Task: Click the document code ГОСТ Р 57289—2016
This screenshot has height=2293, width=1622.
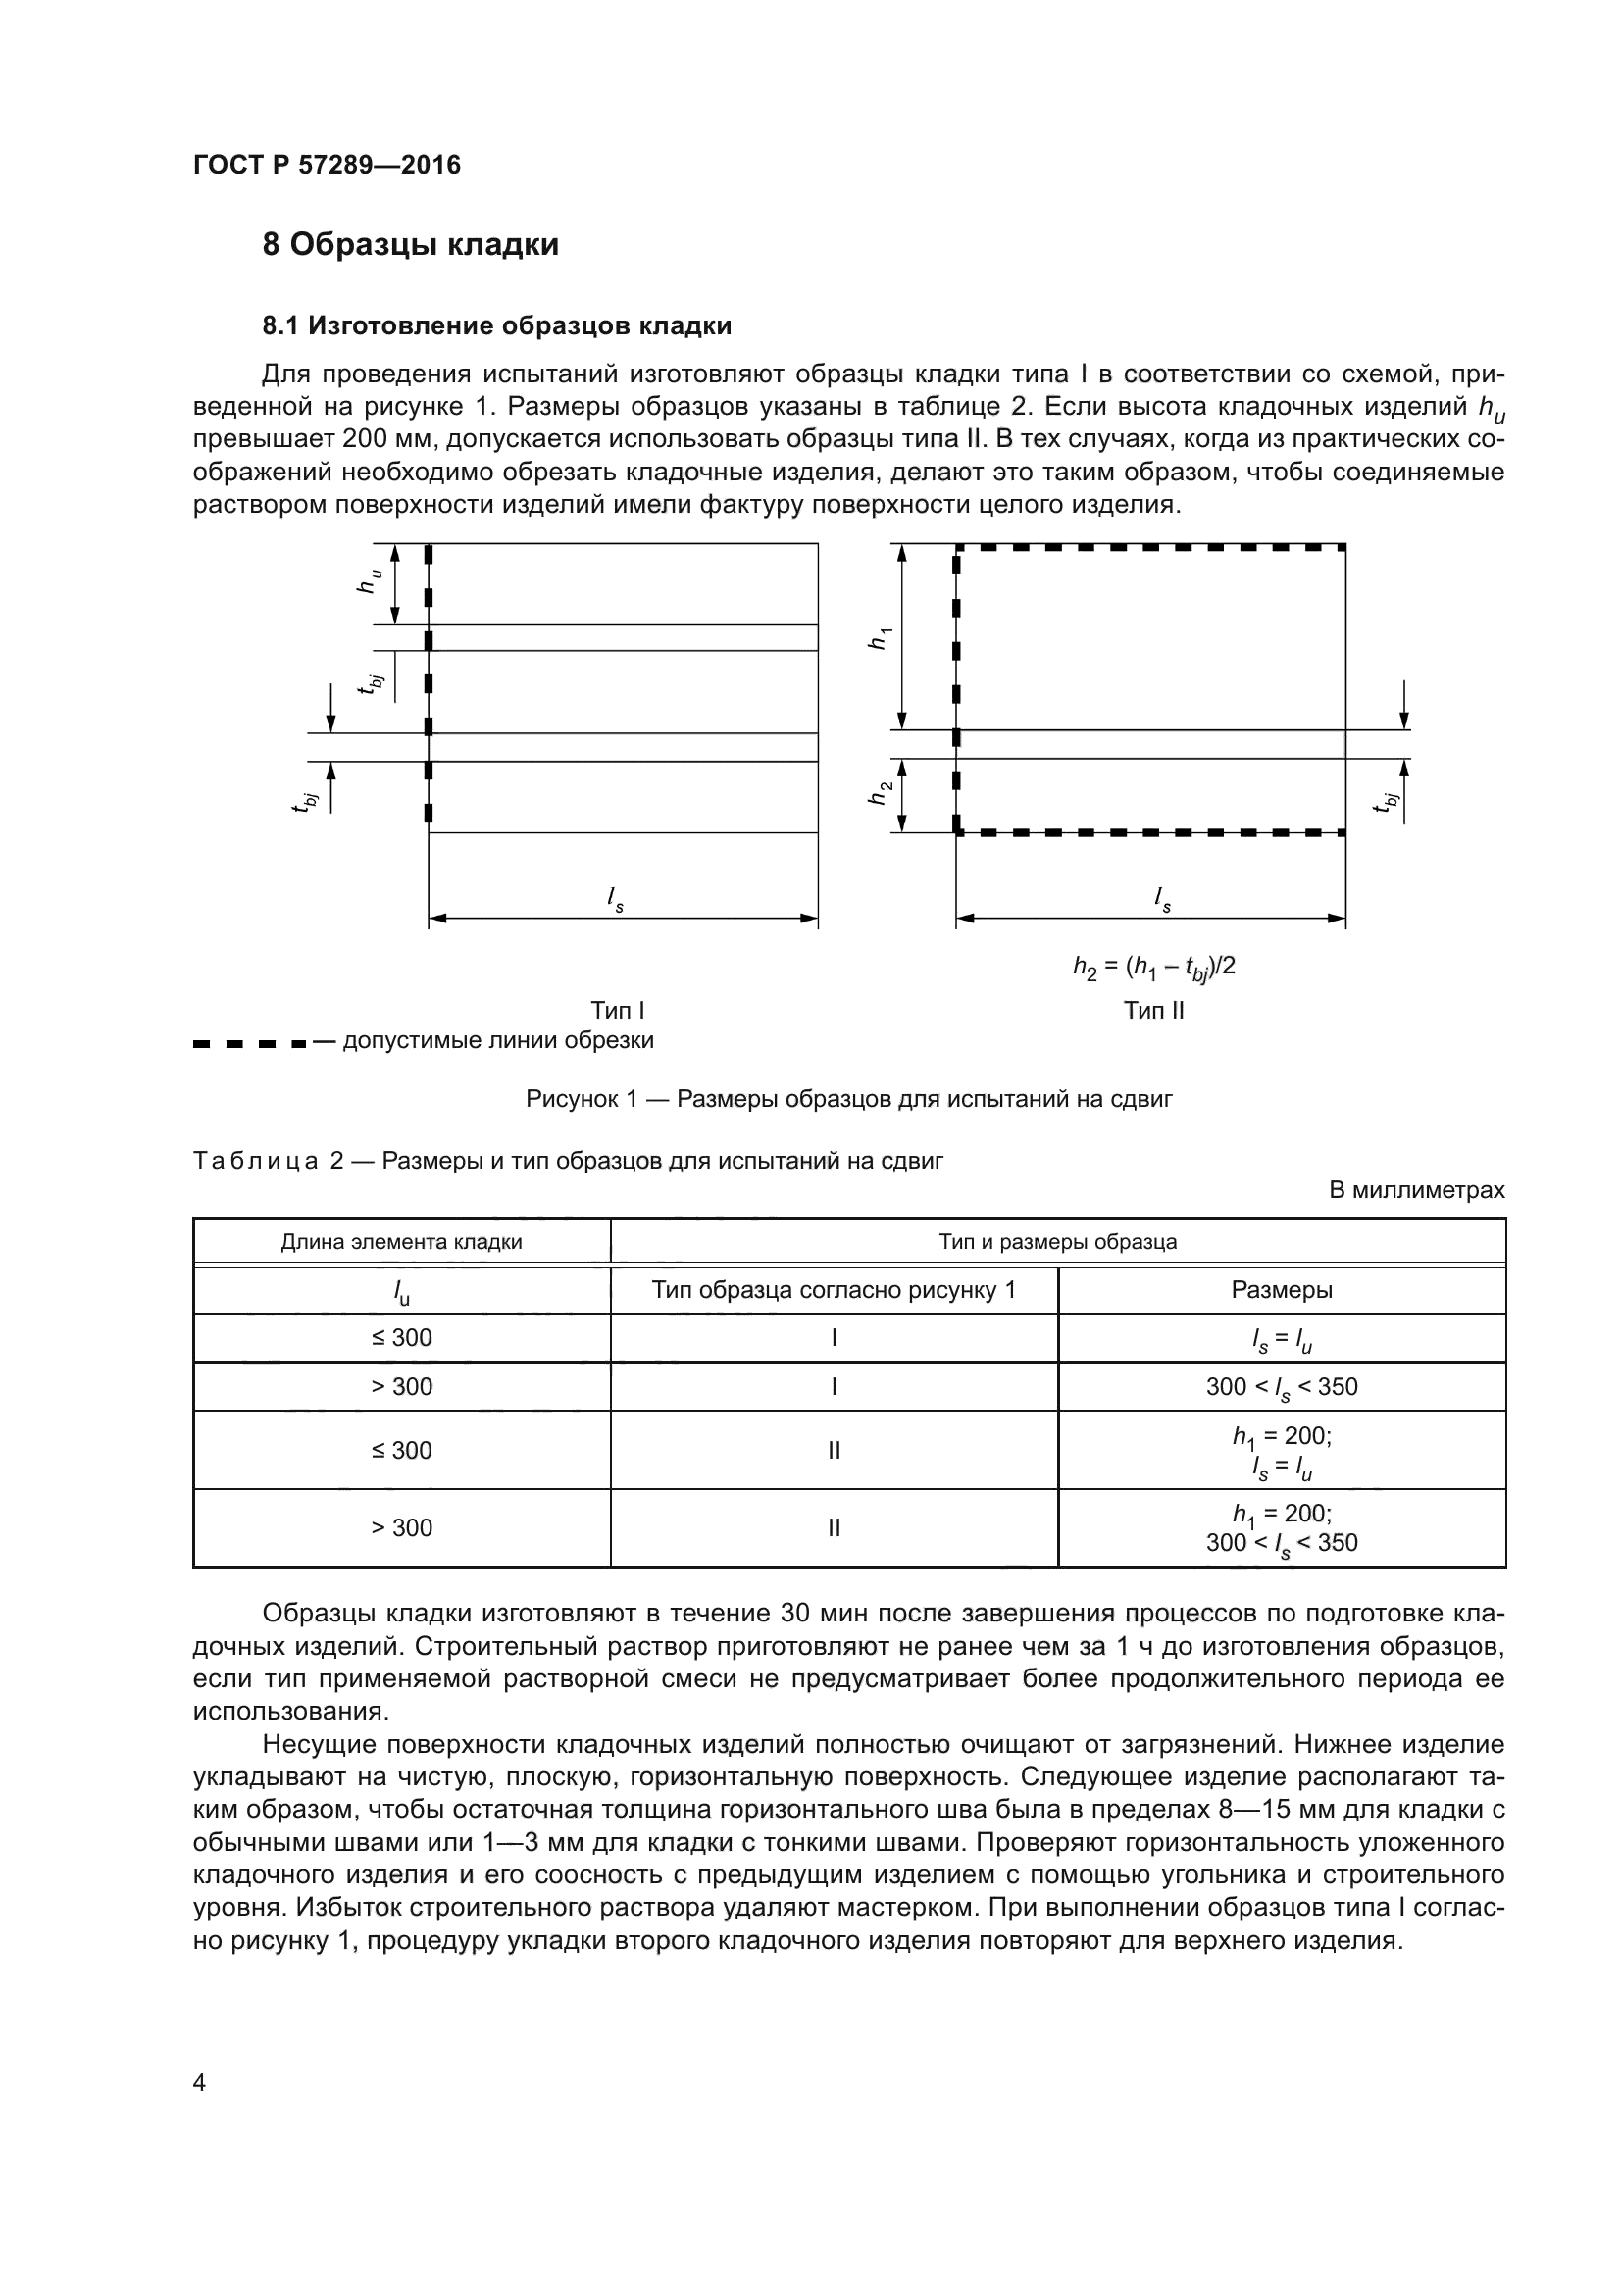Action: [x=327, y=165]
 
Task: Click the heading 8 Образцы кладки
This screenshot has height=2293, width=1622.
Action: [x=411, y=245]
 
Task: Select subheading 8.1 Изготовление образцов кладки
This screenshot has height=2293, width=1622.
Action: [x=496, y=325]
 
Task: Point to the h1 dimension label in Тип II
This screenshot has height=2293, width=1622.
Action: [x=879, y=639]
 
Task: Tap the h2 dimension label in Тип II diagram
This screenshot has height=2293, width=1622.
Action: [x=879, y=794]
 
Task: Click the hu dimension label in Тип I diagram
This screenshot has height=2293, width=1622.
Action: [x=370, y=581]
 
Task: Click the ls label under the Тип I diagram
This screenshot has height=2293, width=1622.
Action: [x=615, y=899]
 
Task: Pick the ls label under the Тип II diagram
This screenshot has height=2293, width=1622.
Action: [x=1161, y=899]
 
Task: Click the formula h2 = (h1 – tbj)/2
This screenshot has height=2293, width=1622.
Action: [x=1153, y=967]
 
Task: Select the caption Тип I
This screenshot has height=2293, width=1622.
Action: [x=617, y=1010]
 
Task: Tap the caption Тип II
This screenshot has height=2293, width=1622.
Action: [x=1153, y=1010]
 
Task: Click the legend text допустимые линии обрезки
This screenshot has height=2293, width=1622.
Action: [x=497, y=1041]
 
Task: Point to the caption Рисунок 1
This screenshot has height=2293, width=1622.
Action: [x=848, y=1100]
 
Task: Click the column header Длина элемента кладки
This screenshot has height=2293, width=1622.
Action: [x=400, y=1241]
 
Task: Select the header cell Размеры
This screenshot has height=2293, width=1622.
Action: [x=1281, y=1289]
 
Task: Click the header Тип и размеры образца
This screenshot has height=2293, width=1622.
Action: [x=1057, y=1241]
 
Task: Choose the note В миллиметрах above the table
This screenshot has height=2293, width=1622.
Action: [x=1415, y=1190]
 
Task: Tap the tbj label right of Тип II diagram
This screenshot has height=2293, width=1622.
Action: [x=1386, y=801]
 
